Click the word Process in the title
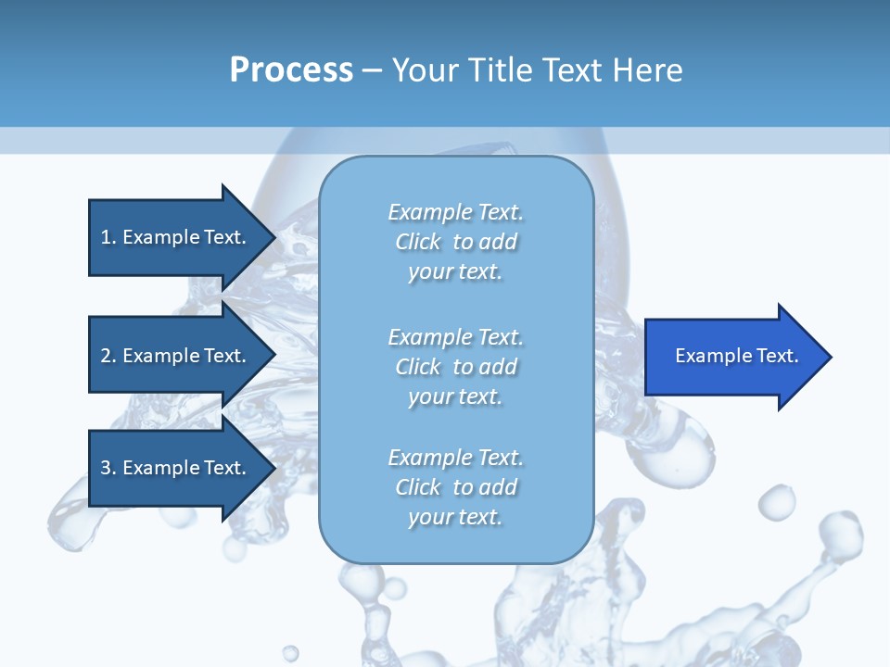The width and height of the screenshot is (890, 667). pos(291,70)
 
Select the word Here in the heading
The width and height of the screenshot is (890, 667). pos(648,70)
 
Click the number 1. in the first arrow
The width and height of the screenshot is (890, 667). pos(108,237)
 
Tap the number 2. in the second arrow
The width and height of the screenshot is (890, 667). pos(108,356)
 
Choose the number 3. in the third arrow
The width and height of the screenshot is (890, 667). pos(108,468)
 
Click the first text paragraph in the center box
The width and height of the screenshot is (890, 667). pos(455,242)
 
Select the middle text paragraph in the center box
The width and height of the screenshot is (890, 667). pos(455,367)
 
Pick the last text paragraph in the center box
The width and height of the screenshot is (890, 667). pos(455,487)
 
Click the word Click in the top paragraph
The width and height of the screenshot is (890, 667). pos(418,242)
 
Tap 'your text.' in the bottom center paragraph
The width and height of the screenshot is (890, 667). pos(455,517)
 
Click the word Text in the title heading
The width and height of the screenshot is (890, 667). pos(573,70)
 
